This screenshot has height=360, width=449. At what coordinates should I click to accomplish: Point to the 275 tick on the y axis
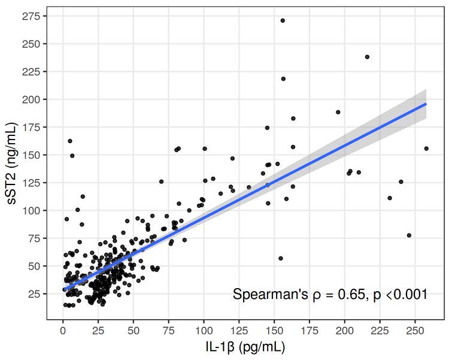click(33, 16)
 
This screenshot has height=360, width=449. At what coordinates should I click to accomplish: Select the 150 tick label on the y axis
click(33, 155)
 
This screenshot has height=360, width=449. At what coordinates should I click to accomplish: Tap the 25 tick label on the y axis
click(35, 294)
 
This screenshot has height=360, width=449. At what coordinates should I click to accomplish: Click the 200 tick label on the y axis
click(33, 99)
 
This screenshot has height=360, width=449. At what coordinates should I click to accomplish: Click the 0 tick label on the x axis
click(63, 331)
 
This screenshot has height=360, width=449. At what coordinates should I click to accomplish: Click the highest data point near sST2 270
click(283, 20)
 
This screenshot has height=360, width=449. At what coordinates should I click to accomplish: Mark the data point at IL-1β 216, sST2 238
click(367, 57)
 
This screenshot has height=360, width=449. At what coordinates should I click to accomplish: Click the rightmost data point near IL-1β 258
click(426, 149)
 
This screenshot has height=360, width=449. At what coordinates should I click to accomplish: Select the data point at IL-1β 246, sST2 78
click(409, 235)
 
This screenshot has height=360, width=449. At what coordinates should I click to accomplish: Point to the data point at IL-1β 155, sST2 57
click(281, 258)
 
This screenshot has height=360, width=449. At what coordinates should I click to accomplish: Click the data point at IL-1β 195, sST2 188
click(338, 112)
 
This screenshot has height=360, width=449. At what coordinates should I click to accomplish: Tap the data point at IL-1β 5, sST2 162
click(70, 141)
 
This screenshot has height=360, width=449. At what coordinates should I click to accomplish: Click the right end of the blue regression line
click(426, 104)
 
